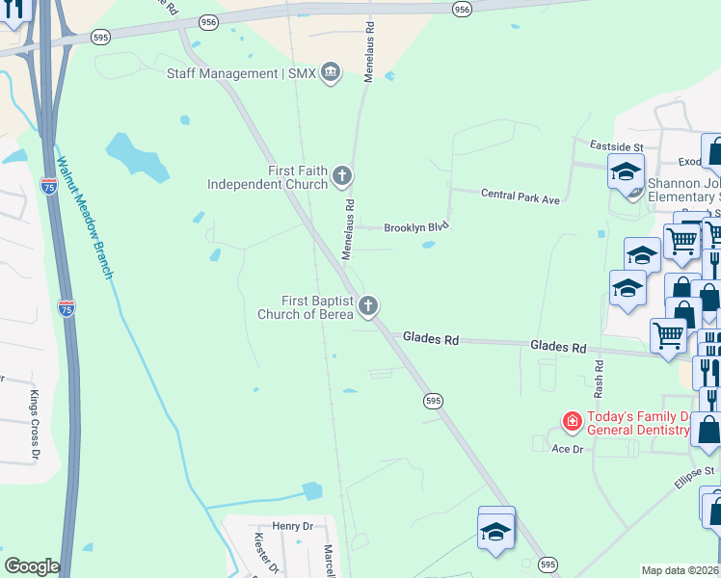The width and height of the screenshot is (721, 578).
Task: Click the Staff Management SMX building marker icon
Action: [x=331, y=73]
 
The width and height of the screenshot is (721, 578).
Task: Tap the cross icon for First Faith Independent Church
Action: [x=342, y=176]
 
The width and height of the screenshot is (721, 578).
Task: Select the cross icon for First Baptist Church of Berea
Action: [x=367, y=307]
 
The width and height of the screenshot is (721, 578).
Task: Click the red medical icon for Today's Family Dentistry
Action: [x=572, y=422]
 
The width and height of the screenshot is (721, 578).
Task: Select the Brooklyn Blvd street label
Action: [x=416, y=227]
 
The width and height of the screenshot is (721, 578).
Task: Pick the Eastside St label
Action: [x=616, y=146]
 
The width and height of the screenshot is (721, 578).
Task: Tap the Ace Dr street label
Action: [x=567, y=449]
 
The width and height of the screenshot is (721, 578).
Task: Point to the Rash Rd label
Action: [x=599, y=380]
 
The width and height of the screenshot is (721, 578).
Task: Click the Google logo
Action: [x=32, y=566]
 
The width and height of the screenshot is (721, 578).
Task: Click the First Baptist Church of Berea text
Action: [x=307, y=307]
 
